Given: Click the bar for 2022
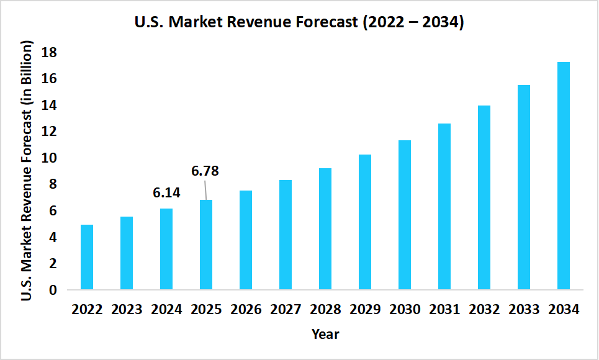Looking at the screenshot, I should (87, 257).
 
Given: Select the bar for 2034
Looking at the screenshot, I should (563, 176).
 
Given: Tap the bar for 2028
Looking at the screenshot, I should (325, 229).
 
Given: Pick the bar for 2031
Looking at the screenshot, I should (444, 207).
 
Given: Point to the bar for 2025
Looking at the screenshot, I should (206, 245).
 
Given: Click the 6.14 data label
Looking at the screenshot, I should (166, 193).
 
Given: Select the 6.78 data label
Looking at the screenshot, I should (205, 171).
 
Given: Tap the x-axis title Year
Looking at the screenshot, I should (325, 334).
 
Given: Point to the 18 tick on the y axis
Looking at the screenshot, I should (49, 53).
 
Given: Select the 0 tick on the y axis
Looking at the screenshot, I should (53, 290).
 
